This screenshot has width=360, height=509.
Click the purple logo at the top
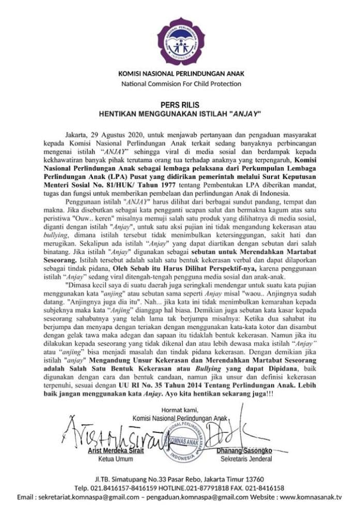click(x=181, y=40)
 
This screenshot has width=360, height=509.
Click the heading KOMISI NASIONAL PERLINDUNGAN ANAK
click(x=181, y=73)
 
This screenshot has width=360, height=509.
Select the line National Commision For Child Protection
click(x=181, y=84)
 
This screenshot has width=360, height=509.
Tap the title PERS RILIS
click(x=180, y=104)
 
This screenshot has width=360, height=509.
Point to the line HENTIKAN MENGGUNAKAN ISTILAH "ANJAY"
click(x=180, y=113)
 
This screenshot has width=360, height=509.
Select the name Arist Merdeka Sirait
click(x=115, y=451)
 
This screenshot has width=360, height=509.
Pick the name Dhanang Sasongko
click(x=244, y=451)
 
